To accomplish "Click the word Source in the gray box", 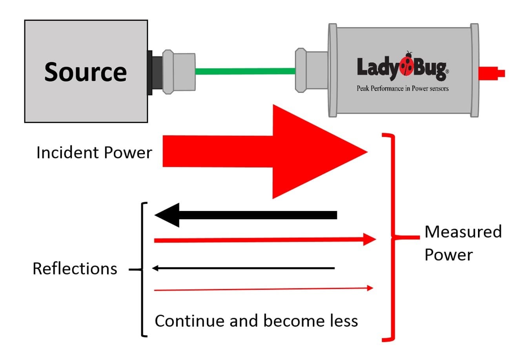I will click(x=86, y=72).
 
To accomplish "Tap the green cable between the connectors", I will click(x=245, y=71).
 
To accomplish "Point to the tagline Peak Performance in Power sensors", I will click(x=402, y=88).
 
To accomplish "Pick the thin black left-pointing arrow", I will click(x=243, y=268).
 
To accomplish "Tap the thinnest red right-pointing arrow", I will click(x=263, y=289).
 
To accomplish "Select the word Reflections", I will click(x=75, y=269).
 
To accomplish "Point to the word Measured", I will click(x=463, y=232).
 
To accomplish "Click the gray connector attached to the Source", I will click(x=179, y=71).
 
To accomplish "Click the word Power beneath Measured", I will click(x=449, y=255).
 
